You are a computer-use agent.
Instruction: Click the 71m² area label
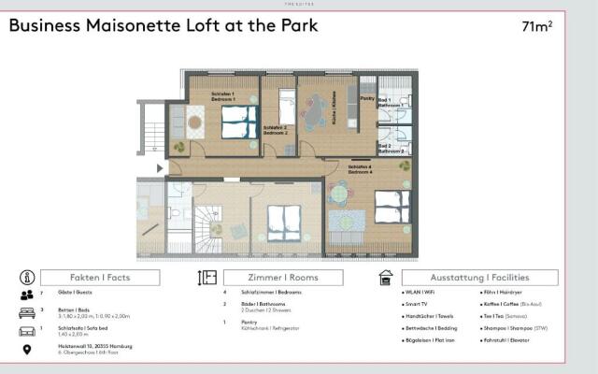(x=536, y=26)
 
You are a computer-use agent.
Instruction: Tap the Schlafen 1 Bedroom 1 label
(x=223, y=95)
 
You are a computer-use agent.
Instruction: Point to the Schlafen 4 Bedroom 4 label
(x=360, y=169)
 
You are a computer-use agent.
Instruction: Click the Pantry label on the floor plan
(x=367, y=97)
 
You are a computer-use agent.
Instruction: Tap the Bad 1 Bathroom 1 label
(x=390, y=104)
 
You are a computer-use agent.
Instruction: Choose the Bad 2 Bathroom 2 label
(x=390, y=148)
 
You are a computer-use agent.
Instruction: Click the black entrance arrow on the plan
(x=161, y=168)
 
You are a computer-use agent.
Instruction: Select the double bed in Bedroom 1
(x=238, y=120)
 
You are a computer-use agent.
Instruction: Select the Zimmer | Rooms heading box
(x=284, y=278)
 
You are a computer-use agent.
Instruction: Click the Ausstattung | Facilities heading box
(x=479, y=278)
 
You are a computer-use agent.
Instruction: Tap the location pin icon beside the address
(x=27, y=350)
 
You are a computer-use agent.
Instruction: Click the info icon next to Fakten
(x=27, y=278)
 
